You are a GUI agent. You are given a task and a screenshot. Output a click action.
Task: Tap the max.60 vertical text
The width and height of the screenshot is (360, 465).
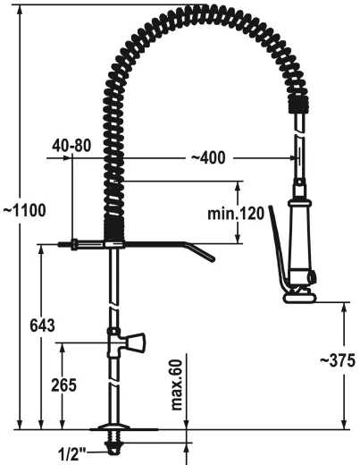[x=176, y=383]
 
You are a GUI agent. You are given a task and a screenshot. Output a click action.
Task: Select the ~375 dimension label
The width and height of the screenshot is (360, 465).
[x=337, y=361]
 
